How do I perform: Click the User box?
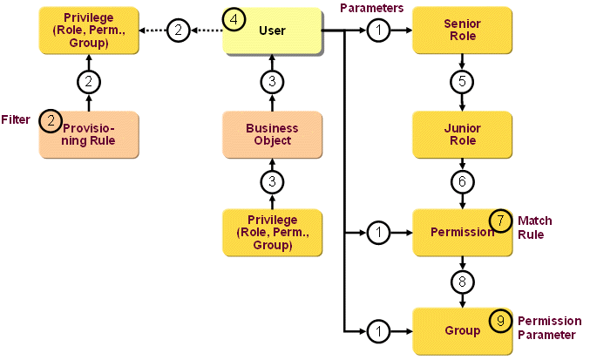272,31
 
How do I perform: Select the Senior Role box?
461,31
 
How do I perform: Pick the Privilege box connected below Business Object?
272,233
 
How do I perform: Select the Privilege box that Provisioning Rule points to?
89,31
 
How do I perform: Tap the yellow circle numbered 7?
501,221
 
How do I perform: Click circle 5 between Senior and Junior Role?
461,82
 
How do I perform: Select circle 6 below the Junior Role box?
461,184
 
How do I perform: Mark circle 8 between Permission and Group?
461,282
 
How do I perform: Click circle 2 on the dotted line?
178,31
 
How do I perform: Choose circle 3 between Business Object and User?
272,82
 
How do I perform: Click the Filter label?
16,119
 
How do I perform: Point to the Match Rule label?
534,227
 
